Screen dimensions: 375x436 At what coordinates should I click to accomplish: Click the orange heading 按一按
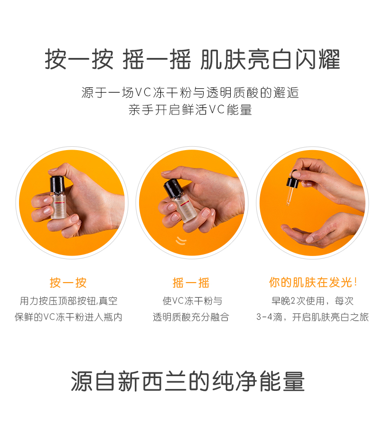[68, 283]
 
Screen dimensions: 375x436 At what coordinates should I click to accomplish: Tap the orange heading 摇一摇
[191, 283]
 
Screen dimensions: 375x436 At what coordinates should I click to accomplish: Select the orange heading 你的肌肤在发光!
[313, 283]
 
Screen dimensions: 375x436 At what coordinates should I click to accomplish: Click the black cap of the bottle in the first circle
[57, 184]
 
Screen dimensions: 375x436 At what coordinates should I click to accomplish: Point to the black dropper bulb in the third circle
[293, 180]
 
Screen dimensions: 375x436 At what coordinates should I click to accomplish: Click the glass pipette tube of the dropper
[289, 196]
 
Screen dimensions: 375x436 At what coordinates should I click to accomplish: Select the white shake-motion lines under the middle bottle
[181, 240]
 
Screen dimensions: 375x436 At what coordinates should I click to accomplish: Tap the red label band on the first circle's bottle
[59, 203]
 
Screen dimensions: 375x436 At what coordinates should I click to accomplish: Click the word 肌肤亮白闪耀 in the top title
[270, 59]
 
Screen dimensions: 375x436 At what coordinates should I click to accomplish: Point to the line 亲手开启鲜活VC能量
[190, 110]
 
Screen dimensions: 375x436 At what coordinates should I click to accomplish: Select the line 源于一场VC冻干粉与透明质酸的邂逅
[190, 93]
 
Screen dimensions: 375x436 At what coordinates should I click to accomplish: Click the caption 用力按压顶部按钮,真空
[68, 301]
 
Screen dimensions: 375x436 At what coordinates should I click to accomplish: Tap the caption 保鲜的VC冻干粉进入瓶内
[68, 317]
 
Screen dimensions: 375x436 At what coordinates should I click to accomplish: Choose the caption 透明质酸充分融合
[191, 317]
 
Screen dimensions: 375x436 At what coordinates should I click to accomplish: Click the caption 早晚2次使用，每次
[312, 301]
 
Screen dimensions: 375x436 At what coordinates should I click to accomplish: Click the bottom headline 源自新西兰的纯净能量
[187, 381]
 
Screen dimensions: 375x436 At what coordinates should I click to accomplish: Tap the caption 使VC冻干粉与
[192, 301]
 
